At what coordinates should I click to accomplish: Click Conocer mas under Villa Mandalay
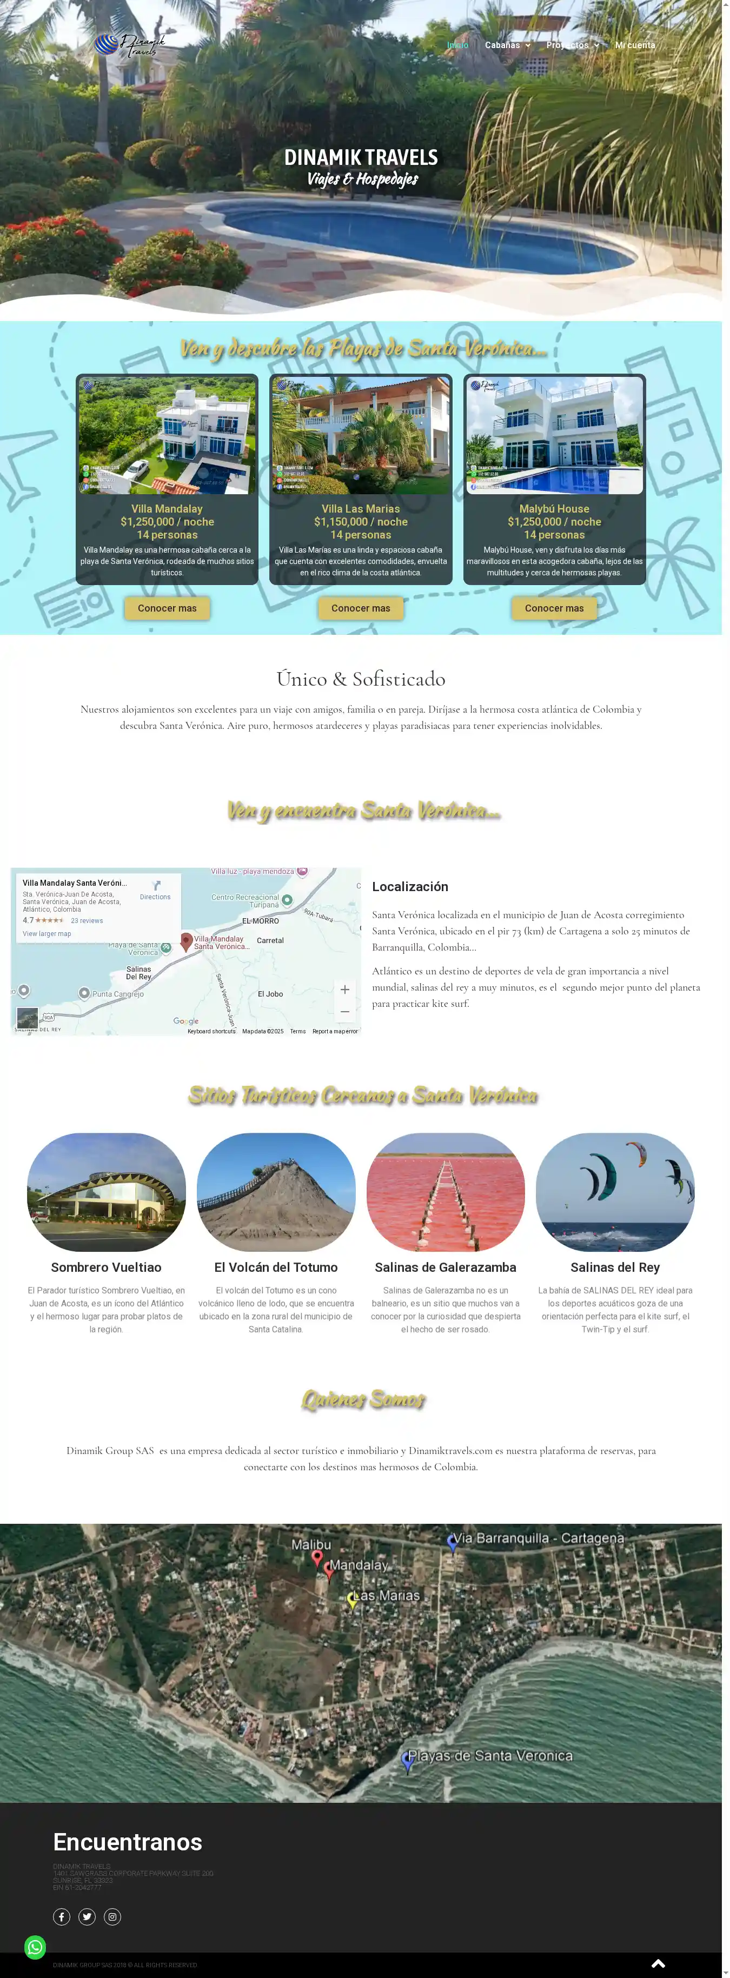point(167,608)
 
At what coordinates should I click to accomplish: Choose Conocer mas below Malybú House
point(554,608)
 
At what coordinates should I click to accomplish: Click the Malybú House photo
point(554,435)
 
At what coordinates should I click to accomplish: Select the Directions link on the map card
point(155,891)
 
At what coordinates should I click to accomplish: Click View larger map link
point(47,934)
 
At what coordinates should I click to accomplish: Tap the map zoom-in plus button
point(344,989)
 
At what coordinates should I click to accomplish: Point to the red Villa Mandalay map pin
point(186,941)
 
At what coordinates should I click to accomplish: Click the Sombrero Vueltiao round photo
point(107,1192)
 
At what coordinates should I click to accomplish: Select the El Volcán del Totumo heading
point(276,1267)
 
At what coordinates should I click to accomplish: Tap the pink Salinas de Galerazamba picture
point(445,1192)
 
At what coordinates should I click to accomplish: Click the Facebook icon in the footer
point(62,1916)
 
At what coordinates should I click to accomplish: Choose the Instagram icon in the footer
point(112,1916)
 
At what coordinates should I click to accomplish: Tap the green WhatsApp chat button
point(35,1947)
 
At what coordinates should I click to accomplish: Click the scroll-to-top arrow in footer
point(658,1963)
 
